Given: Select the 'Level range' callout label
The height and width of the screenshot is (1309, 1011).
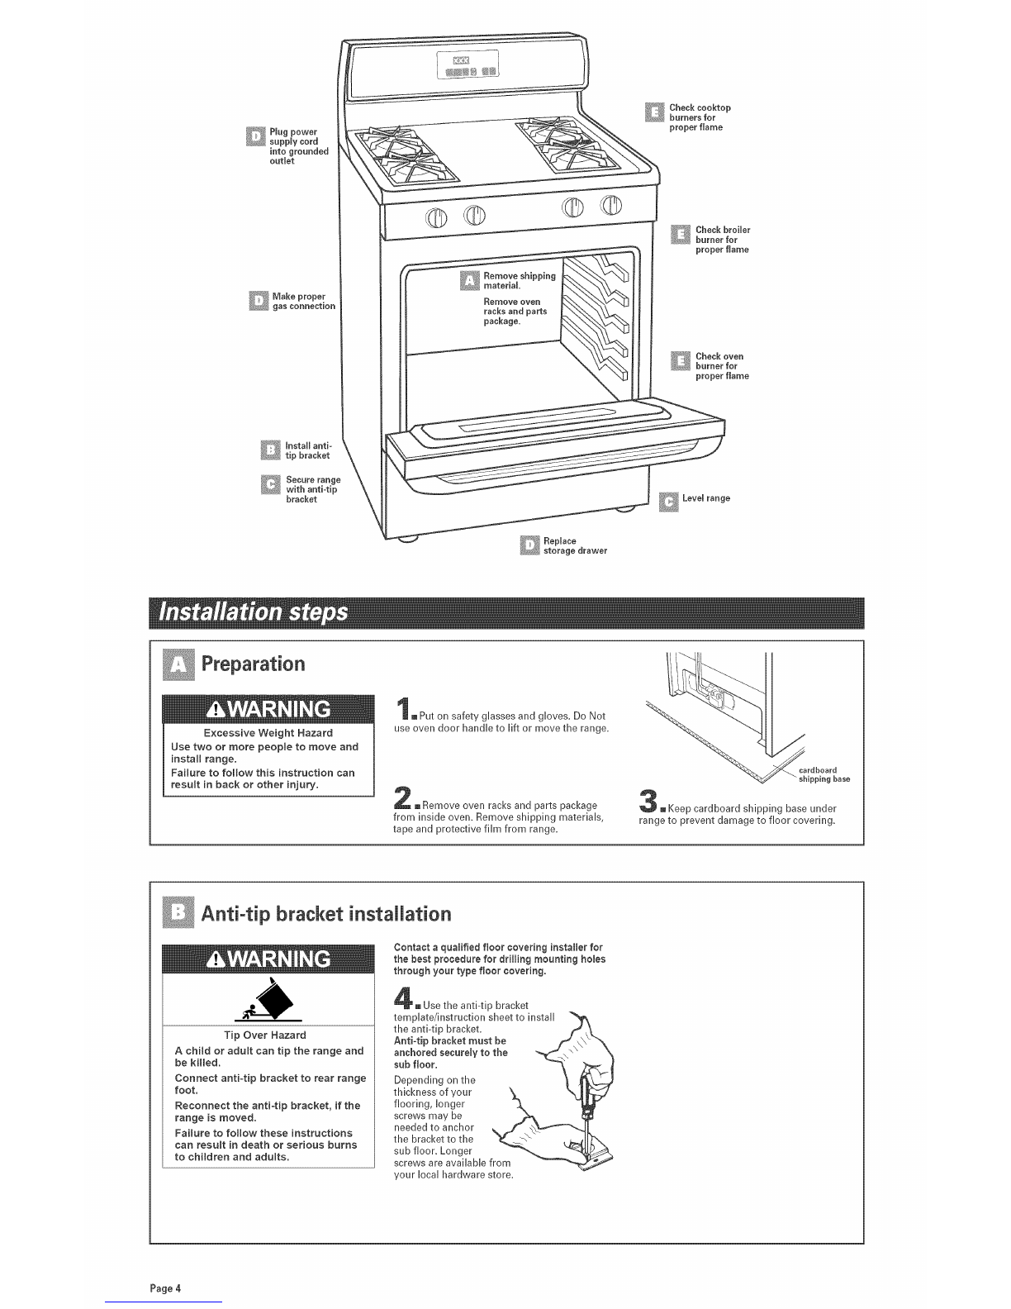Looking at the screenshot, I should [x=705, y=498].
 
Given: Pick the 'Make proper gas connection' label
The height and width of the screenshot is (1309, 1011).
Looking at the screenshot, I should [x=303, y=301].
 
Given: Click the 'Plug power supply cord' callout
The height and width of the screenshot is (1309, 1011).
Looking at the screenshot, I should [x=298, y=146].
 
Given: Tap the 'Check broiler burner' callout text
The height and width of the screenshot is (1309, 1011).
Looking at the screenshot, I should [x=722, y=240].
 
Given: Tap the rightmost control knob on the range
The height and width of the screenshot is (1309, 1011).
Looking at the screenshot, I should [x=612, y=206].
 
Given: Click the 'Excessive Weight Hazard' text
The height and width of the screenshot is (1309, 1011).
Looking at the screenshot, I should [x=268, y=733].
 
